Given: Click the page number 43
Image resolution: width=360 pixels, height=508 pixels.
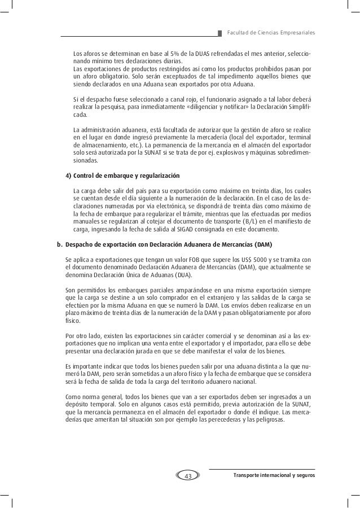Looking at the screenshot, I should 188,476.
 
